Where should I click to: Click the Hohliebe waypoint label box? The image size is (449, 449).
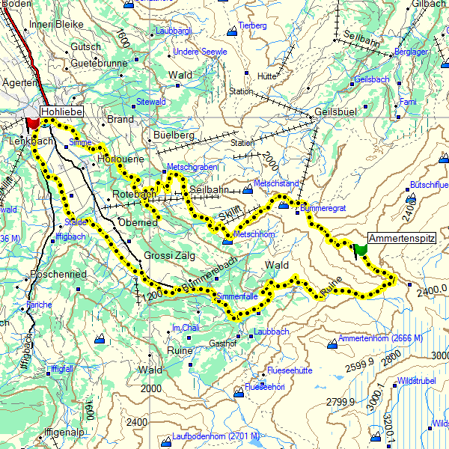[61, 112]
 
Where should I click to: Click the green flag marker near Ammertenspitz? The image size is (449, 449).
[361, 249]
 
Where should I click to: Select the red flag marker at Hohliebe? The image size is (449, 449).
[32, 123]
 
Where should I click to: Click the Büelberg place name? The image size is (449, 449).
[173, 135]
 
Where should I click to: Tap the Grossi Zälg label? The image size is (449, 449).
[169, 255]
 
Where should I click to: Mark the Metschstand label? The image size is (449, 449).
[277, 183]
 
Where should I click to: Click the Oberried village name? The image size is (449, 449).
[138, 222]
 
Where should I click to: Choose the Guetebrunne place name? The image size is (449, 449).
[100, 64]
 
